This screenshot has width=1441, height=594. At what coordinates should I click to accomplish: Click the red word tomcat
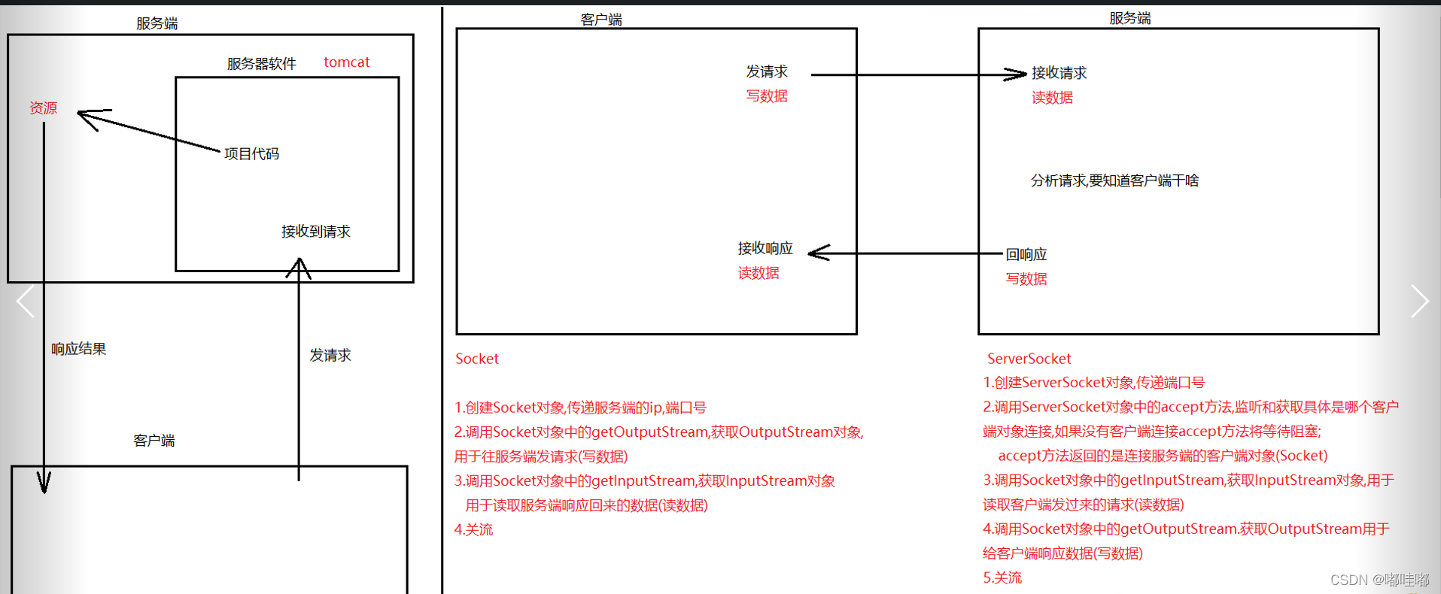[346, 62]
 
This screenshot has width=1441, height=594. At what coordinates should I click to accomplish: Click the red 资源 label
[44, 108]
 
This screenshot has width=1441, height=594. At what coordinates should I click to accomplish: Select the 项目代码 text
[251, 154]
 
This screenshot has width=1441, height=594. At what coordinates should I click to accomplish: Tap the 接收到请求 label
[316, 232]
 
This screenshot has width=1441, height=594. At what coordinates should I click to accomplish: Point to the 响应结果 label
[79, 349]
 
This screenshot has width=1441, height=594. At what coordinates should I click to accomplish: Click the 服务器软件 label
[262, 64]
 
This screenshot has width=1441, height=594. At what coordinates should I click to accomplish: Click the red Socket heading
[477, 359]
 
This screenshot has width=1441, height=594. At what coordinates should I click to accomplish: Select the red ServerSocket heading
[1029, 359]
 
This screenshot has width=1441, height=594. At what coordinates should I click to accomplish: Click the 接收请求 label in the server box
[1059, 73]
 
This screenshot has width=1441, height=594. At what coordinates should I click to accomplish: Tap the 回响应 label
[1026, 254]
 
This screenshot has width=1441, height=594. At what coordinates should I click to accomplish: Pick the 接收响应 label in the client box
[765, 248]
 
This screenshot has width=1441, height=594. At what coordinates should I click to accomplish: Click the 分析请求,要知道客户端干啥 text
[1114, 180]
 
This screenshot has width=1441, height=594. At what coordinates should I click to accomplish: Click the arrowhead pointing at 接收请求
[1017, 74]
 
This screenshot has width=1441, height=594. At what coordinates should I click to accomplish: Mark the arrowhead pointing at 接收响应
[818, 253]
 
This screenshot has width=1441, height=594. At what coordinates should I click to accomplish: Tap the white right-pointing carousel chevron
[1419, 301]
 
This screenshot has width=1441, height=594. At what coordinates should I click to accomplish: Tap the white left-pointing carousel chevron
[26, 301]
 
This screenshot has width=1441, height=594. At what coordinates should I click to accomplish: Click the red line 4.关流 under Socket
[474, 529]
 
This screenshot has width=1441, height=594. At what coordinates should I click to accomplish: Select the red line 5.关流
[1002, 577]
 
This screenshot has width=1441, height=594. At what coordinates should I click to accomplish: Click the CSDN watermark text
[1379, 580]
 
